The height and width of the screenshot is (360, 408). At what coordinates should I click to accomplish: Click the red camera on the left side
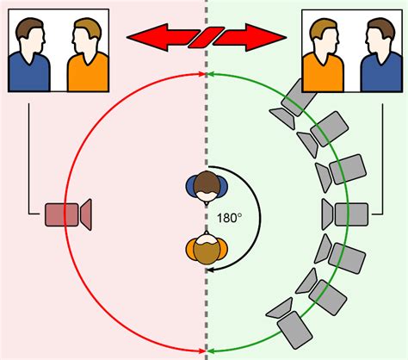[68, 214]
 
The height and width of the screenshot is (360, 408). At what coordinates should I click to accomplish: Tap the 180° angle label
[229, 218]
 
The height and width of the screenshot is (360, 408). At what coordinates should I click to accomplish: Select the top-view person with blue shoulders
[207, 188]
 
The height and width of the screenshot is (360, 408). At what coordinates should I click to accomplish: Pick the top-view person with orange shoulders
[207, 247]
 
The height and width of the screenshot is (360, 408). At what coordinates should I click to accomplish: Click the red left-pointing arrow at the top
[163, 38]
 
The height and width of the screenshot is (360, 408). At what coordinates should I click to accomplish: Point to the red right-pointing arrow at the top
[250, 38]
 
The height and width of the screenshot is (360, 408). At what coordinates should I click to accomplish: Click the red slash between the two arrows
[206, 37]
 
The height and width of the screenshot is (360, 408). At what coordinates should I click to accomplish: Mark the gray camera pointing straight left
[345, 214]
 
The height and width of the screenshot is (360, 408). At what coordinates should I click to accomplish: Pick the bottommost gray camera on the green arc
[289, 324]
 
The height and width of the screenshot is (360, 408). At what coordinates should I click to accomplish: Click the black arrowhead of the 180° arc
[210, 270]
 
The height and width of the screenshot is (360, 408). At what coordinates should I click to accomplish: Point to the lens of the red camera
[86, 214]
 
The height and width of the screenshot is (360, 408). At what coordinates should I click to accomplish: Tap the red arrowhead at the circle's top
[202, 74]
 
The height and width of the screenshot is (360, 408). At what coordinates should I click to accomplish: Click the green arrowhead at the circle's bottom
[210, 351]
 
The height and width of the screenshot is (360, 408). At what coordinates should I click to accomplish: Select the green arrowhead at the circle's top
[210, 74]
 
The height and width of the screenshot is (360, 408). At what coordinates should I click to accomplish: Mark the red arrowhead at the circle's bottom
[202, 351]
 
